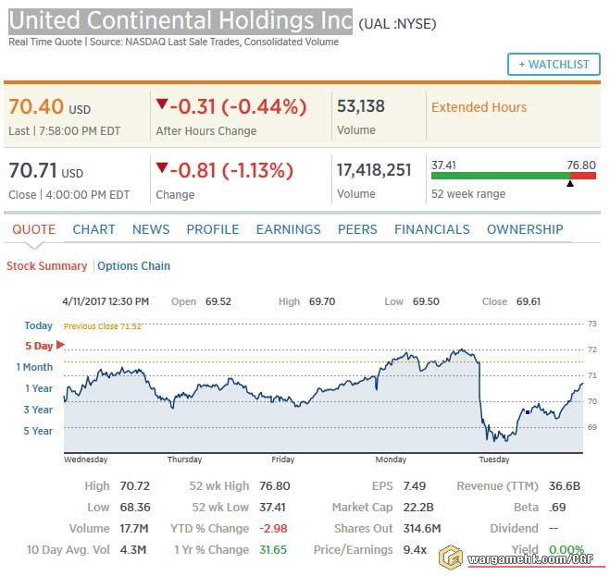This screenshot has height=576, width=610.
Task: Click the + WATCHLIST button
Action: [554, 64]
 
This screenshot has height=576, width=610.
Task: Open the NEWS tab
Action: [151, 229]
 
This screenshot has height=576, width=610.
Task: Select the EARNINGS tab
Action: [288, 229]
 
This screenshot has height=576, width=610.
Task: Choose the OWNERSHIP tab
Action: [525, 229]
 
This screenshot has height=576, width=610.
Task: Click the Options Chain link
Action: [133, 266]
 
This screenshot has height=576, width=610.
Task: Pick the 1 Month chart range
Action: [34, 367]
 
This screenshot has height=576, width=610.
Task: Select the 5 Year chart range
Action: [38, 431]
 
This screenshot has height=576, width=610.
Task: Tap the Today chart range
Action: [39, 325]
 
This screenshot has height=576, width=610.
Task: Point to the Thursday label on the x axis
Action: [184, 460]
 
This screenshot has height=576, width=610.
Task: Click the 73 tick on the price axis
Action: [591, 324]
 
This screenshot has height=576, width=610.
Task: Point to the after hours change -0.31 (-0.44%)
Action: [230, 107]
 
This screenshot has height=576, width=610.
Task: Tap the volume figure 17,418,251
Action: [374, 170]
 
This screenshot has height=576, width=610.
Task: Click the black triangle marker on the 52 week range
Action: [569, 183]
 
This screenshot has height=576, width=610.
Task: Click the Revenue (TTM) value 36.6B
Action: [566, 486]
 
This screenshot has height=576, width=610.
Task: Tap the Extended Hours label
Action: [479, 107]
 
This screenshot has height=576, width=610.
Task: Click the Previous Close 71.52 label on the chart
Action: [102, 326]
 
